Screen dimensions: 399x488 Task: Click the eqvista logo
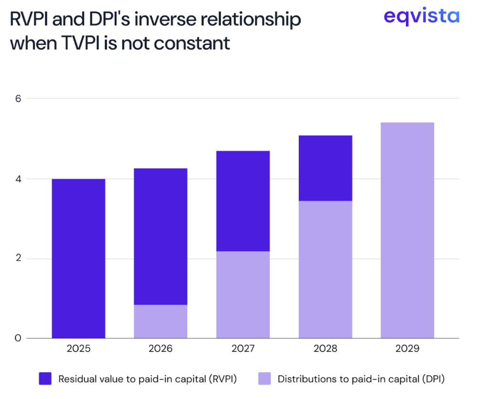coord(421,17)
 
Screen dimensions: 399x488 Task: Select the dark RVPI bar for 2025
coord(78,259)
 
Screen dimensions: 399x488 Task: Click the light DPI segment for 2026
coord(161,321)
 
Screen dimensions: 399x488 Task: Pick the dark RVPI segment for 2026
coord(161,236)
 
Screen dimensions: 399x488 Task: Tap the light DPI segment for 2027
coord(243,295)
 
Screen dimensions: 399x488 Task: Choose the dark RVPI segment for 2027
coord(243,201)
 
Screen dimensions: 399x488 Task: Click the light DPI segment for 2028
coord(325,269)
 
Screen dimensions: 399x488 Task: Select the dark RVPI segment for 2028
coord(325,168)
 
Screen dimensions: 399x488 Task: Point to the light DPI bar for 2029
coord(407,230)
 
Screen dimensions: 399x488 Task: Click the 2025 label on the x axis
coord(78,349)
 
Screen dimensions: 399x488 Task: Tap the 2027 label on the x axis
coord(243,349)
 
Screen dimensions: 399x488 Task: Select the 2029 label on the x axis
coord(407,349)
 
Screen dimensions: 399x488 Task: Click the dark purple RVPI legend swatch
coord(46,379)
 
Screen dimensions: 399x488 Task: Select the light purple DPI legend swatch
coord(265,379)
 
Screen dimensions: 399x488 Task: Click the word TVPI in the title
coord(86,43)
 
